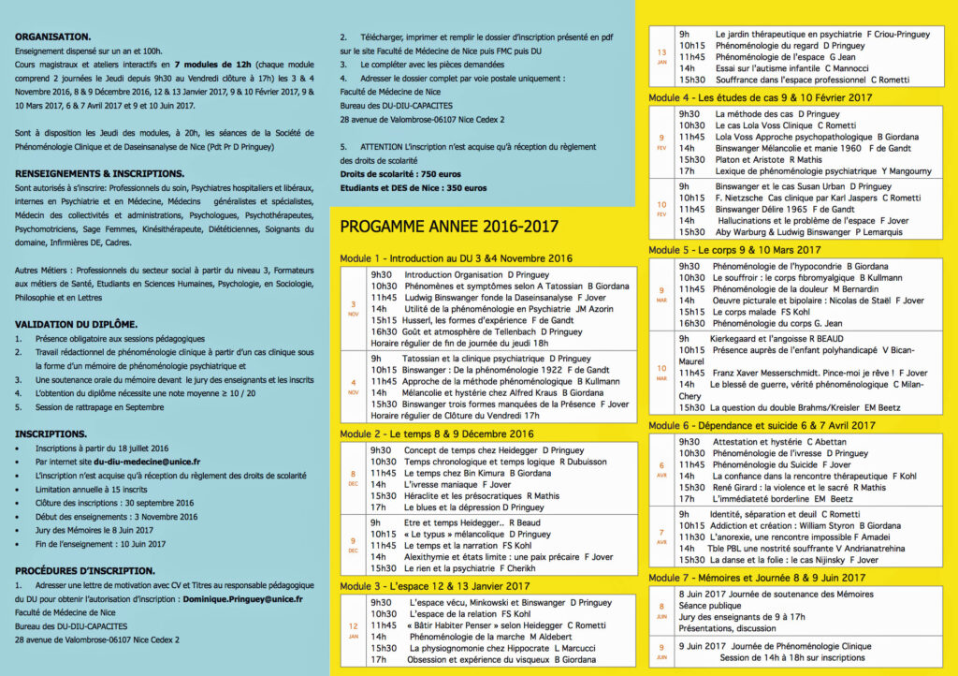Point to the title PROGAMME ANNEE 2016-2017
pyautogui.click(x=449, y=227)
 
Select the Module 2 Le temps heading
pyautogui.click(x=437, y=434)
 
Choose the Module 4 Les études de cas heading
pyautogui.click(x=761, y=97)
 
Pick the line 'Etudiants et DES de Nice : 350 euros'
pyautogui.click(x=414, y=187)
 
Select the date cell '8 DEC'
pyautogui.click(x=353, y=478)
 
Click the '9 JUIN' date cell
pyautogui.click(x=661, y=651)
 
